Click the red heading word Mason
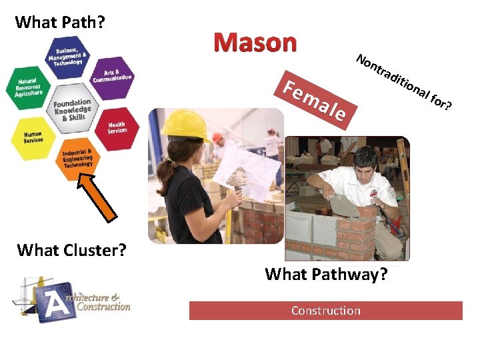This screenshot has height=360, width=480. pyautogui.click(x=255, y=43)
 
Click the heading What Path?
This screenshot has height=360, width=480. pyautogui.click(x=59, y=22)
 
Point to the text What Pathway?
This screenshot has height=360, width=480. pyautogui.click(x=325, y=274)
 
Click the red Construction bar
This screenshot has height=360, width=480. pyautogui.click(x=325, y=311)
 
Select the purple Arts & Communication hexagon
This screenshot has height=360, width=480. pyautogui.click(x=113, y=76)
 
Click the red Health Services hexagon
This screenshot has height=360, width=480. pyautogui.click(x=117, y=126)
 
